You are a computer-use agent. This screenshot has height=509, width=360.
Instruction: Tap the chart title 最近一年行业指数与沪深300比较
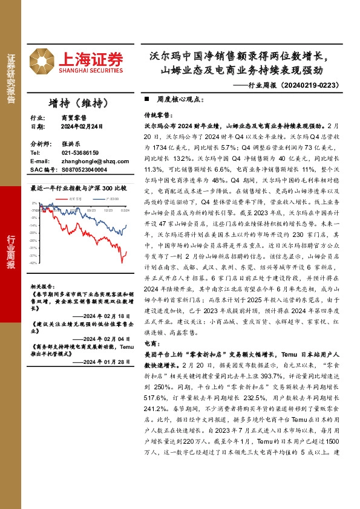(78, 189)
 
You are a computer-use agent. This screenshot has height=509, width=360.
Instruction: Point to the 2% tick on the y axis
(36, 204)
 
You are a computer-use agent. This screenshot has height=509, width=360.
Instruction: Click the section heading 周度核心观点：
(175, 98)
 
